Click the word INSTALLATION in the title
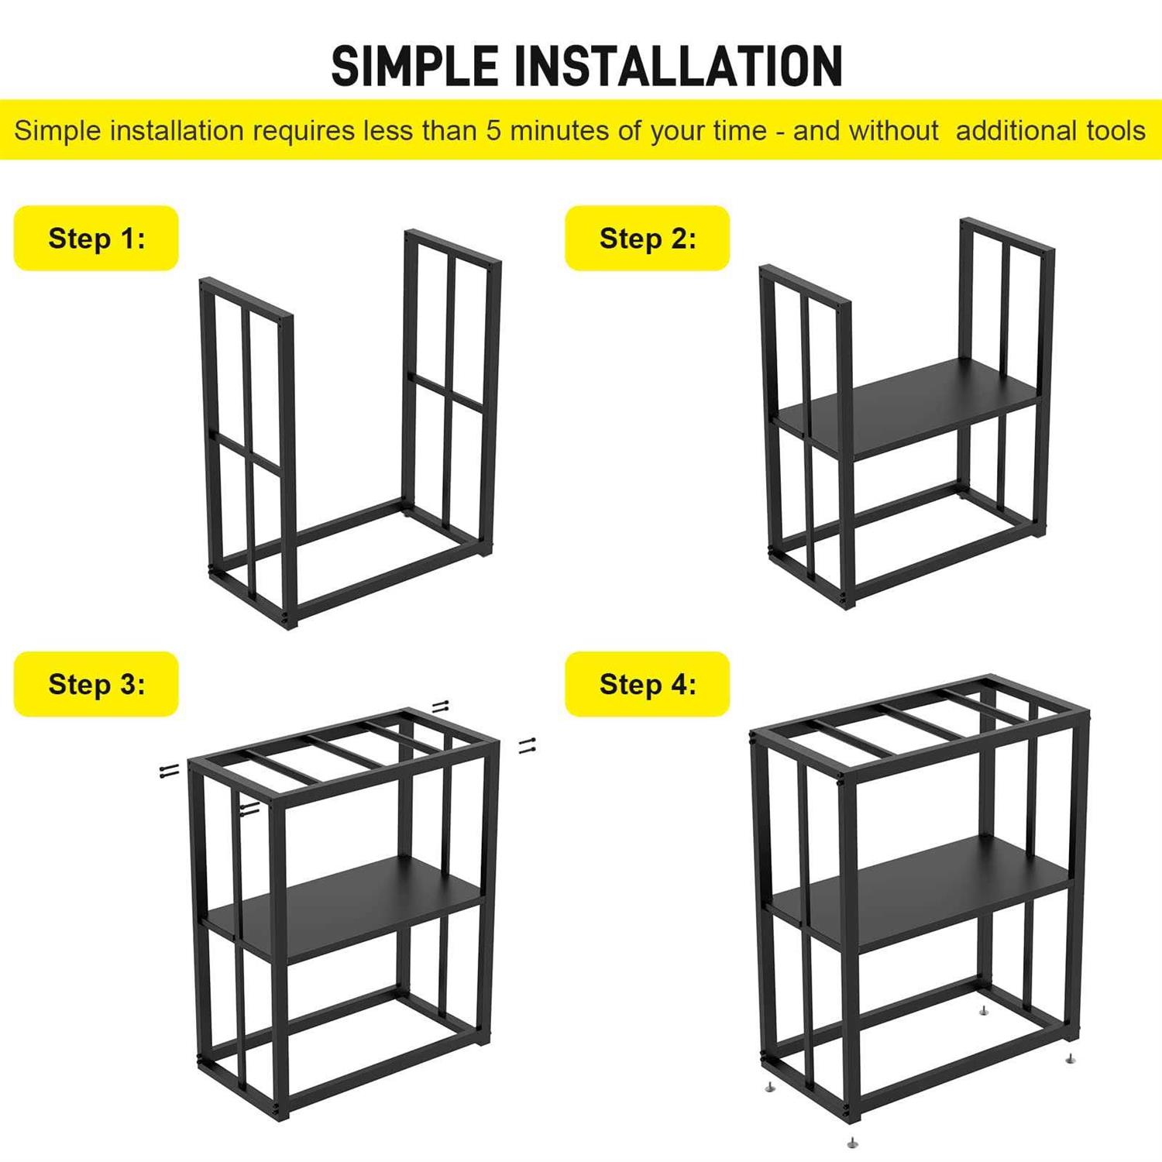pos(679,66)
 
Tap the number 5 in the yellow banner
pos(493,130)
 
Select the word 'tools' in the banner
pos(1116,130)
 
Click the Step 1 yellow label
pos(96,238)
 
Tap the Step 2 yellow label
pos(647,238)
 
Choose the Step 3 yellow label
pos(96,684)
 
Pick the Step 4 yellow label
pos(647,684)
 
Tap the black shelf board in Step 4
pos(920,892)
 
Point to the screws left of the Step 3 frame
pos(170,769)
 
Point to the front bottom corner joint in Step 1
pos(290,618)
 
